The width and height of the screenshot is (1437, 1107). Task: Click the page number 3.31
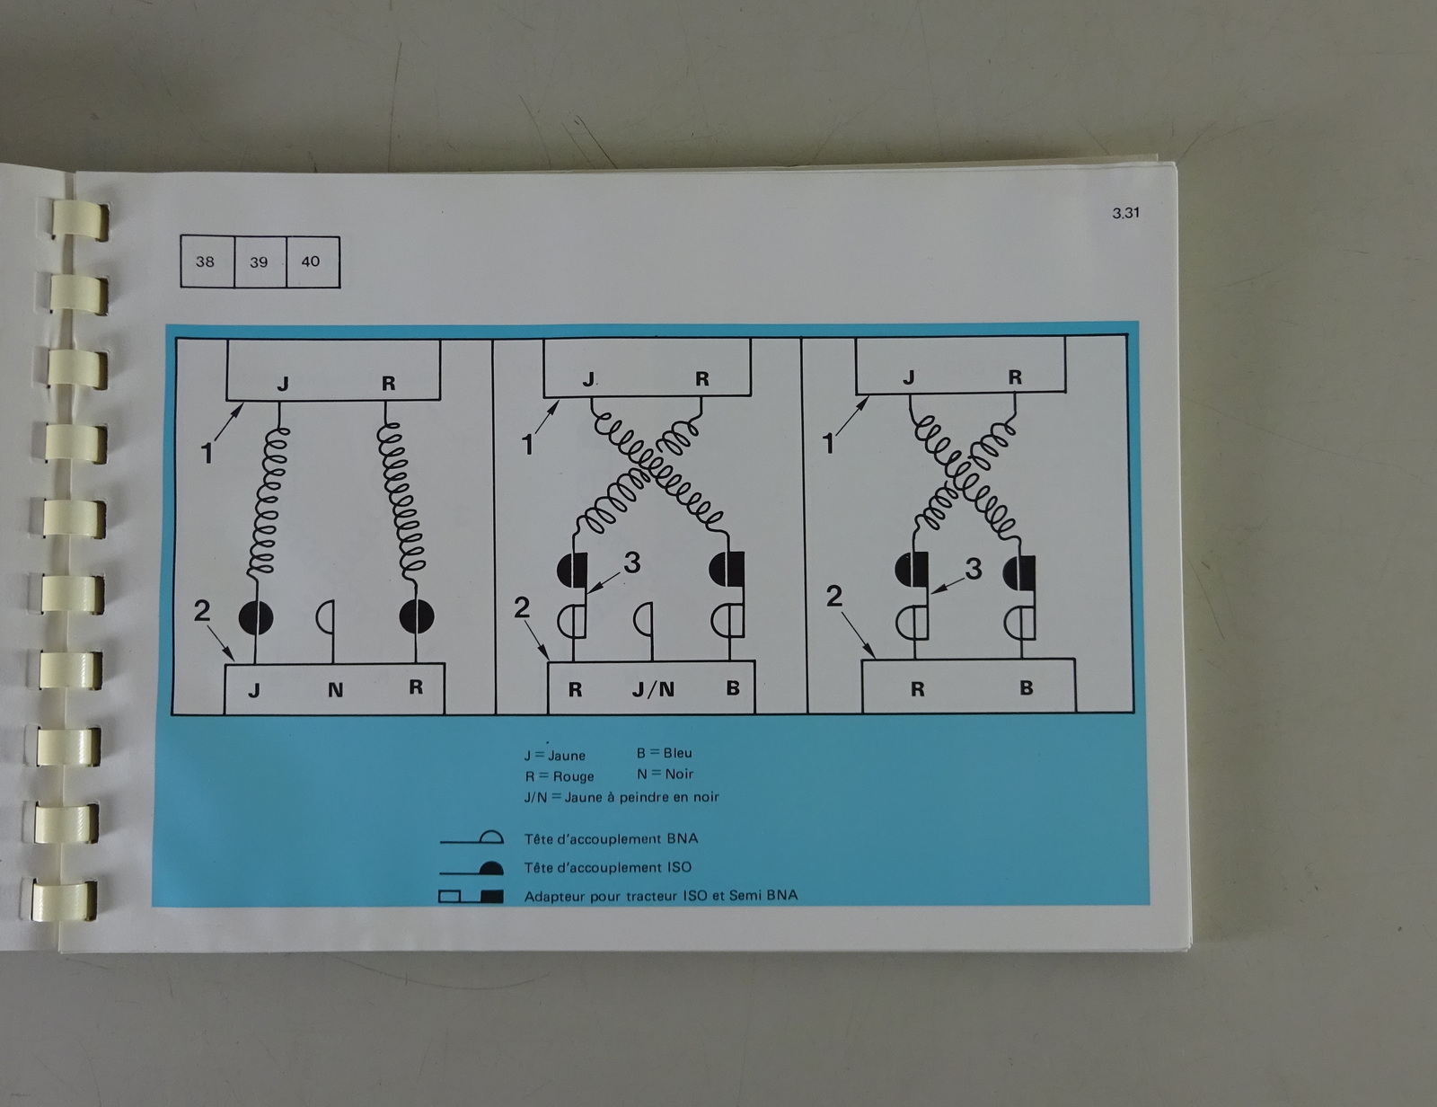point(1125,213)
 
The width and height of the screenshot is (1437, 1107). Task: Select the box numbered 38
point(207,261)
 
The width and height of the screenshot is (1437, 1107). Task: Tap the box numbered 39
point(260,261)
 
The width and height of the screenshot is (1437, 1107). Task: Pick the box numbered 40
point(313,261)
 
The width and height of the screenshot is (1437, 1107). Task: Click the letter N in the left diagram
point(335,690)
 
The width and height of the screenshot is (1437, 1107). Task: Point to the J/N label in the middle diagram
point(653,690)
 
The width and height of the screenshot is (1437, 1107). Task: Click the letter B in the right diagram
point(1026,687)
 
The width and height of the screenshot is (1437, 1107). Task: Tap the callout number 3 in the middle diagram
point(632,562)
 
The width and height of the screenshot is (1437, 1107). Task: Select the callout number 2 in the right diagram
point(833,597)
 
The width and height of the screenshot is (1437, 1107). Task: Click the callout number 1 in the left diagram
point(207,454)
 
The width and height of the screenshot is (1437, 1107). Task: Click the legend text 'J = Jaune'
point(554,755)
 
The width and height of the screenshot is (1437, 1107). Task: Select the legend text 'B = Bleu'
point(664,753)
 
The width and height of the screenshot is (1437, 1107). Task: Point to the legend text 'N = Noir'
point(665,774)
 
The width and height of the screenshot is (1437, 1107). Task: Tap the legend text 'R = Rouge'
point(559,776)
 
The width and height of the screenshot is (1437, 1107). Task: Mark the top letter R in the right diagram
point(1014,376)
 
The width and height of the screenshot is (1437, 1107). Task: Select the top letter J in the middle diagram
point(588,379)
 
